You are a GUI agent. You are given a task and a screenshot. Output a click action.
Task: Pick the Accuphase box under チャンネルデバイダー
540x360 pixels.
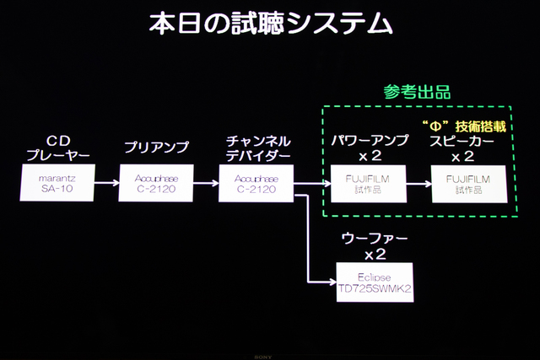(x=257, y=183)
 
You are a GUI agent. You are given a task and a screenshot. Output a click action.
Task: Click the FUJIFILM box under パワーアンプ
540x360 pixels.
(x=370, y=183)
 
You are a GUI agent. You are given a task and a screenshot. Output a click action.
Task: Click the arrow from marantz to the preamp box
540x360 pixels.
(x=109, y=183)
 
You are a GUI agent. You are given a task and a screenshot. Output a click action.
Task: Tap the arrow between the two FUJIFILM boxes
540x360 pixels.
(x=418, y=183)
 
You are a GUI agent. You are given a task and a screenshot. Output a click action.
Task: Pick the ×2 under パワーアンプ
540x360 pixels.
(x=370, y=156)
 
